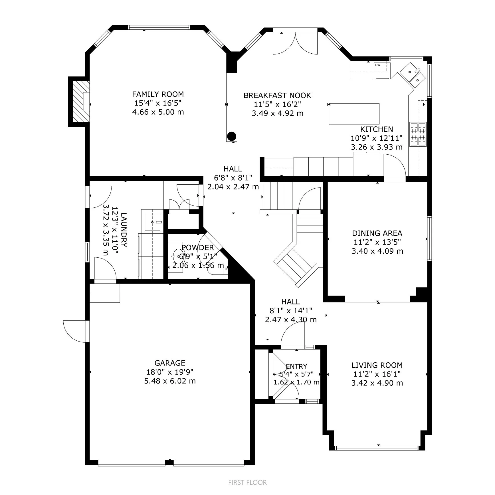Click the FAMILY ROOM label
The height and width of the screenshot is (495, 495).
(158, 94)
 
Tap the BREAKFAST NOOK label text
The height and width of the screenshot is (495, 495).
(277, 95)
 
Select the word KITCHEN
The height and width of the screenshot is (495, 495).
(377, 129)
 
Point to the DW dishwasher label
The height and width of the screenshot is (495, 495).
(378, 65)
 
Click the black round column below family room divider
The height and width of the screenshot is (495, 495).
(231, 136)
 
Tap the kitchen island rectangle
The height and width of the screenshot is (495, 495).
(354, 114)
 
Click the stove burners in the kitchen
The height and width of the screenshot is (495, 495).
(418, 134)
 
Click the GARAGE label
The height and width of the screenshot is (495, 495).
(170, 363)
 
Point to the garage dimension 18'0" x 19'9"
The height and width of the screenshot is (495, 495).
(170, 372)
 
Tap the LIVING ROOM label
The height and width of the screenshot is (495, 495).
(377, 365)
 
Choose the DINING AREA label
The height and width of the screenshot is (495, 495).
(377, 233)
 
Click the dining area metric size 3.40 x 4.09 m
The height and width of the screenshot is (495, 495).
(377, 251)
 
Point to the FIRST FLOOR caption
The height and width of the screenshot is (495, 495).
(247, 482)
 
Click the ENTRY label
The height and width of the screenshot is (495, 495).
(296, 366)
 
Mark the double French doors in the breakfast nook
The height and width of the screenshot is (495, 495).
(295, 43)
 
